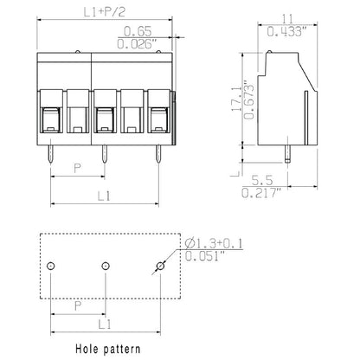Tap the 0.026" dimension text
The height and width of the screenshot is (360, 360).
[134, 42]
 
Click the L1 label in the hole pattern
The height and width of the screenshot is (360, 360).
[105, 323]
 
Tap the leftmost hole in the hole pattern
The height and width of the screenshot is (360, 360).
[52, 265]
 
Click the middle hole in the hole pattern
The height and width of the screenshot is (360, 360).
[105, 265]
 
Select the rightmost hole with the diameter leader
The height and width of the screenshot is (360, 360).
[158, 265]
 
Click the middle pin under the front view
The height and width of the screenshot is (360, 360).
[105, 151]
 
